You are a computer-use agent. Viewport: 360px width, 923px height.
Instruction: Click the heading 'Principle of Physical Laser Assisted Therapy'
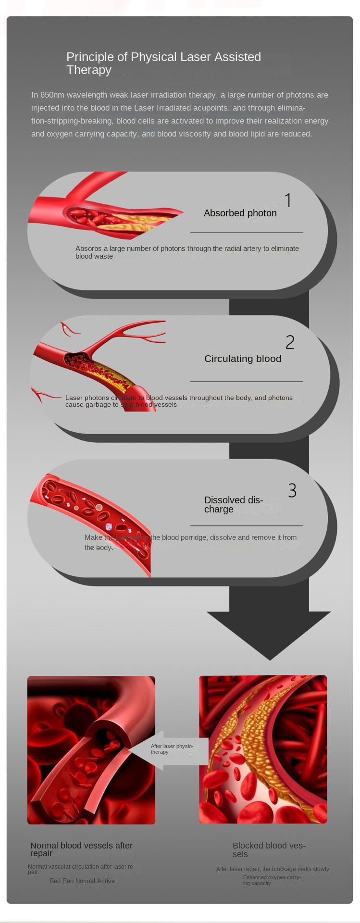tap(163, 63)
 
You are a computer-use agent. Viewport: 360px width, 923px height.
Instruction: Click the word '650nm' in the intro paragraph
tap(52, 95)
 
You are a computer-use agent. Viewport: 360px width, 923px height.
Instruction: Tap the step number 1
tap(288, 200)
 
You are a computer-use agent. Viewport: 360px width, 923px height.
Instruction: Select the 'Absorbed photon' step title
tap(240, 213)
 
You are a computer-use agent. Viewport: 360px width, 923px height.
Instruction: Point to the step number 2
tap(289, 342)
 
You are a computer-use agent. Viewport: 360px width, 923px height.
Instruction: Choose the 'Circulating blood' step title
tap(242, 359)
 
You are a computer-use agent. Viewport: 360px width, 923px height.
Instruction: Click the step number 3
tap(292, 490)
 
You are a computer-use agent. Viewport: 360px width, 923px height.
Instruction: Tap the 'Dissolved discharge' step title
tap(233, 504)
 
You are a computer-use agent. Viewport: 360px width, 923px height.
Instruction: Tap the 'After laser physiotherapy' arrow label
tap(172, 749)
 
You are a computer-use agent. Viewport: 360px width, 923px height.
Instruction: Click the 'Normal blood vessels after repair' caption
tap(81, 849)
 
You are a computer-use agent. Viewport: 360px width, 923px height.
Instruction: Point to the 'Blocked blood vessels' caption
tap(269, 849)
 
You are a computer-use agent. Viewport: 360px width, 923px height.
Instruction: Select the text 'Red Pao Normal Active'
tap(82, 881)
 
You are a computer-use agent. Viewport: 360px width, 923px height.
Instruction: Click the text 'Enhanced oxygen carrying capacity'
tap(272, 880)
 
